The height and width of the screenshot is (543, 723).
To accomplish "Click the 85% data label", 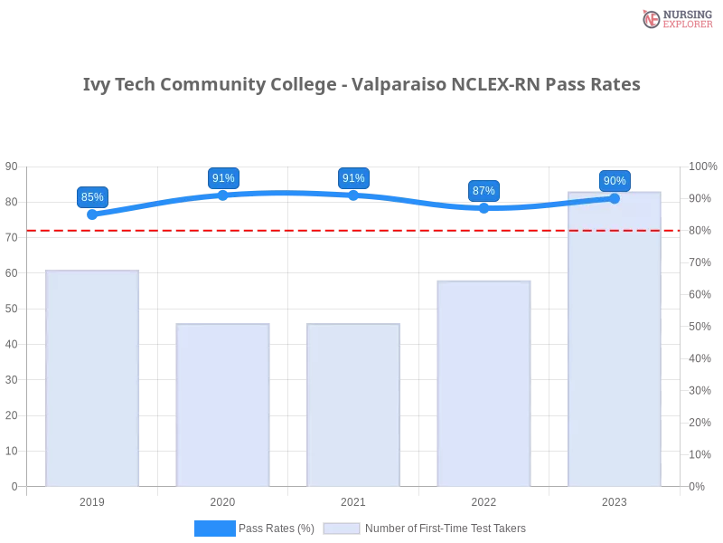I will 92,196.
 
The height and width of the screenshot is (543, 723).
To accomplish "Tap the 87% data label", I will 484,191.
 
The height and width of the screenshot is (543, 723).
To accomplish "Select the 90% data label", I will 615,181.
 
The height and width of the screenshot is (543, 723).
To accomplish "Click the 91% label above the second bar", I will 223,178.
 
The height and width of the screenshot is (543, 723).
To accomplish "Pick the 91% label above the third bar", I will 353,178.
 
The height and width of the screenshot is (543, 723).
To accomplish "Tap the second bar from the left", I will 223,404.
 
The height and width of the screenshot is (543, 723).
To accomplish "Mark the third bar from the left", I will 353,404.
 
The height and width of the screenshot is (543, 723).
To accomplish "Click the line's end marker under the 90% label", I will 615,198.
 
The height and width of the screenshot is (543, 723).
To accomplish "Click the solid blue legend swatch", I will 214,529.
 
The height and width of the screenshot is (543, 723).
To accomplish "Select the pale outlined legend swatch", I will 342,529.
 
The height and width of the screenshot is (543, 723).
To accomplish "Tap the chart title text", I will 361,85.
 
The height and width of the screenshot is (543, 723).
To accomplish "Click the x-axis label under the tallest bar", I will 615,500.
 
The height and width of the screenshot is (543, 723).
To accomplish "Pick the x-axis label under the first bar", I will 94,500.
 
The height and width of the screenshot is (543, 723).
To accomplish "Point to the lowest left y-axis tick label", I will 13,485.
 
